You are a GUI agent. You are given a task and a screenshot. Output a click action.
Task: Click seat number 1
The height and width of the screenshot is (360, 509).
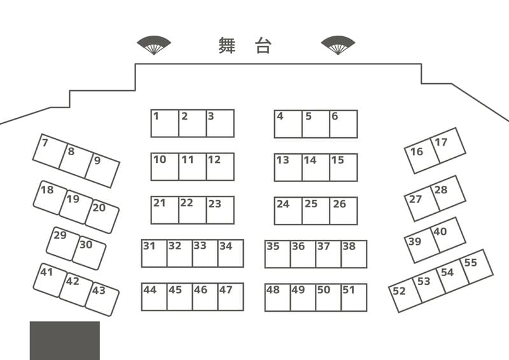[x=164, y=123]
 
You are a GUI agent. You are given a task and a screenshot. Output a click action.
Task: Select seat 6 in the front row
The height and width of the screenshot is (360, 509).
[x=344, y=124]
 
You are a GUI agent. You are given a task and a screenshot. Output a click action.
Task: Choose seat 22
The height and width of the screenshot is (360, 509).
[x=192, y=210]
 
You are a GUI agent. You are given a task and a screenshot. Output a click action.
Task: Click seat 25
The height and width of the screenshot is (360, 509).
[x=316, y=211]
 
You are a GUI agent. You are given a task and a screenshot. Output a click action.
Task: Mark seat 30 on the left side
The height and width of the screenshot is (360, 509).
[x=89, y=253]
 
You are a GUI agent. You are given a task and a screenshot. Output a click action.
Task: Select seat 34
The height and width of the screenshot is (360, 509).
[x=230, y=253]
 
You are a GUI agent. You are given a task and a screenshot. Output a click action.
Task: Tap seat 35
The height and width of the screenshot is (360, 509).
[x=277, y=254]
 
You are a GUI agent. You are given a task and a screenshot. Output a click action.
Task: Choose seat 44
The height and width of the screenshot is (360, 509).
[x=154, y=297]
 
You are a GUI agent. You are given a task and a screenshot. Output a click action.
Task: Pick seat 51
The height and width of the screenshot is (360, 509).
[x=354, y=297]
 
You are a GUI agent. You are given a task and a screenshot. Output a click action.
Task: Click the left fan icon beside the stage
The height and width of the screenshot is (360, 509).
[x=154, y=45]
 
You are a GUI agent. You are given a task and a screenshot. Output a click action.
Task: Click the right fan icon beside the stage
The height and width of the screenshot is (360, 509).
[x=338, y=45]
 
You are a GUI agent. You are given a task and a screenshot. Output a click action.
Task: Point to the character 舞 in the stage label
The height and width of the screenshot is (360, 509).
[x=227, y=45]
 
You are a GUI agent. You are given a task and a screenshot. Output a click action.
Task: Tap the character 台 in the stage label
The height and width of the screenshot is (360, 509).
[x=263, y=45]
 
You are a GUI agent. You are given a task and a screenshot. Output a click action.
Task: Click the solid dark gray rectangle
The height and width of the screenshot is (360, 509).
[x=64, y=340]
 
